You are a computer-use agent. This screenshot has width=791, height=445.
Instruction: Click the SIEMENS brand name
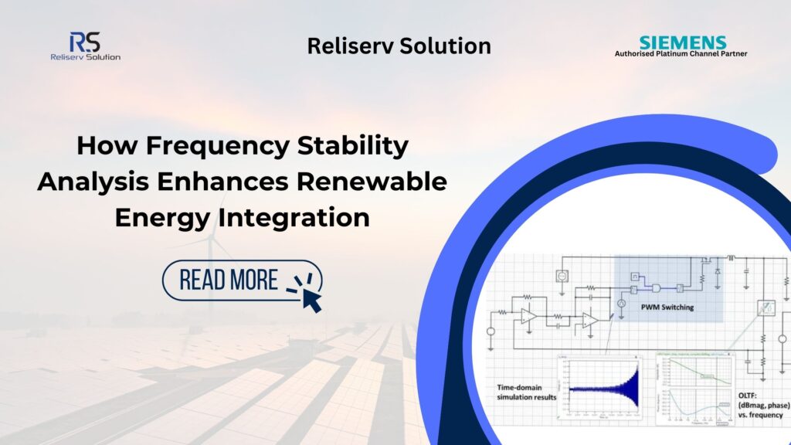click(x=683, y=42)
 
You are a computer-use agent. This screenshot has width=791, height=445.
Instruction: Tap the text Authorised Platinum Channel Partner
click(x=681, y=54)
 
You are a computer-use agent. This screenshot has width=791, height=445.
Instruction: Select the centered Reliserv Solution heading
click(x=399, y=46)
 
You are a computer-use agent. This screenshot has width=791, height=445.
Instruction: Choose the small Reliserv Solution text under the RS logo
click(x=84, y=56)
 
